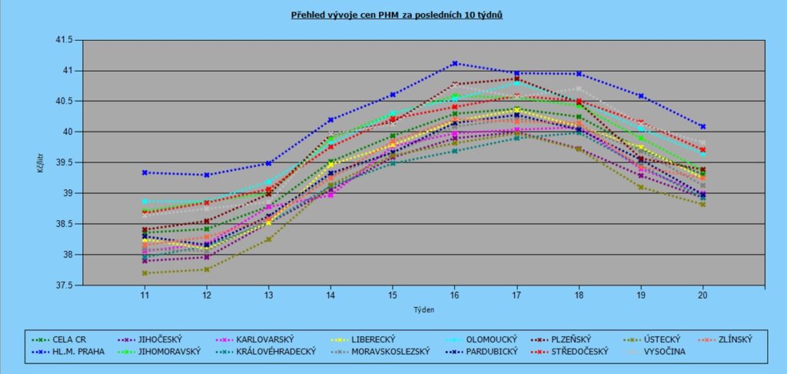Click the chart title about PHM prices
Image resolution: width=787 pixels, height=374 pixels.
[x=397, y=15]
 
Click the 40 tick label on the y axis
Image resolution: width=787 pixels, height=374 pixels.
[x=68, y=132]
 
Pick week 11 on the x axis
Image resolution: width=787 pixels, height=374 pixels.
[x=144, y=296]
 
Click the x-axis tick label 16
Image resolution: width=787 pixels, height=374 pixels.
[x=454, y=296]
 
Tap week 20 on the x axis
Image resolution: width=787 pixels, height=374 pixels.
[x=702, y=296]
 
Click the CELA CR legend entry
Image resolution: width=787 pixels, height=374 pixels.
[x=68, y=339]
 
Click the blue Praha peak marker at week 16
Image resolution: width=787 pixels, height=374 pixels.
[x=455, y=63]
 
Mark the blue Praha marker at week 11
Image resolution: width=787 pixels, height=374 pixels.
[x=144, y=172]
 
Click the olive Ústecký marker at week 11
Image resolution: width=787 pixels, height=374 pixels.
[x=144, y=273]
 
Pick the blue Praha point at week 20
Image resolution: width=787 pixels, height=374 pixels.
[x=702, y=126]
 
